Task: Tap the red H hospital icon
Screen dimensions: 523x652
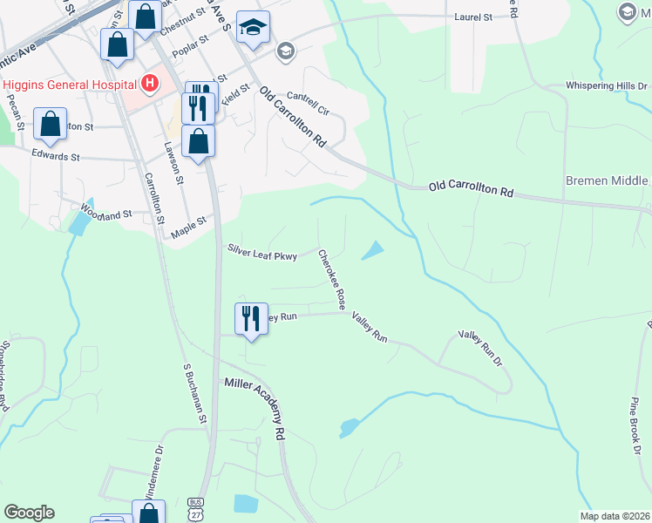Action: point(150,84)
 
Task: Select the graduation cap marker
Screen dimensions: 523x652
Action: point(253,30)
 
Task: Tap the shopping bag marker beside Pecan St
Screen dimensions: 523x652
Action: point(51,126)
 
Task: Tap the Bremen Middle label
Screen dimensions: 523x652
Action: point(607,181)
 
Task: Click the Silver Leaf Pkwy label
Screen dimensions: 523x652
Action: point(262,252)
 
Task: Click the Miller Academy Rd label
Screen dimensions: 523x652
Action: point(257,407)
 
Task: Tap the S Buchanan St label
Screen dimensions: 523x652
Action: point(195,394)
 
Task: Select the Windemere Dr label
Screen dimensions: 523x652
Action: point(154,472)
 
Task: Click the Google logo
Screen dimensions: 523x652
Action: point(29,513)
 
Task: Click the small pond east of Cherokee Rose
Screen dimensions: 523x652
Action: point(372,250)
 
